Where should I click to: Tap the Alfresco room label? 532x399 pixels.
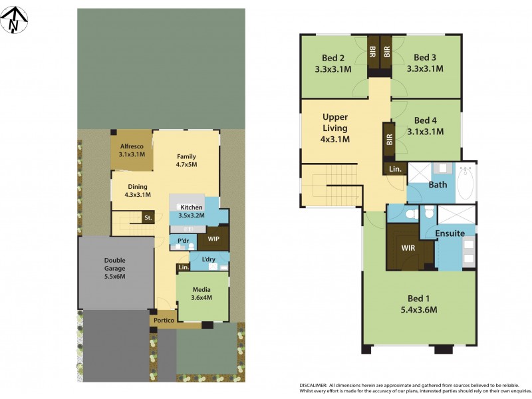click(x=132, y=146)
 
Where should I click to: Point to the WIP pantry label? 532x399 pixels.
click(x=213, y=237)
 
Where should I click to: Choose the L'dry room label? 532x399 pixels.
click(x=200, y=257)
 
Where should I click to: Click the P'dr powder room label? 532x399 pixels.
click(x=182, y=240)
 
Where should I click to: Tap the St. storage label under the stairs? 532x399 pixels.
click(x=148, y=217)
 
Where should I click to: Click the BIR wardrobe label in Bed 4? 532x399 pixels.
click(x=389, y=140)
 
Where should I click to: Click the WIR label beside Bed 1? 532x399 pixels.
click(x=408, y=248)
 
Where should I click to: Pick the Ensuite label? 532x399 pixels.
click(x=450, y=233)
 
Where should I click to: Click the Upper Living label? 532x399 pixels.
click(x=336, y=118)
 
